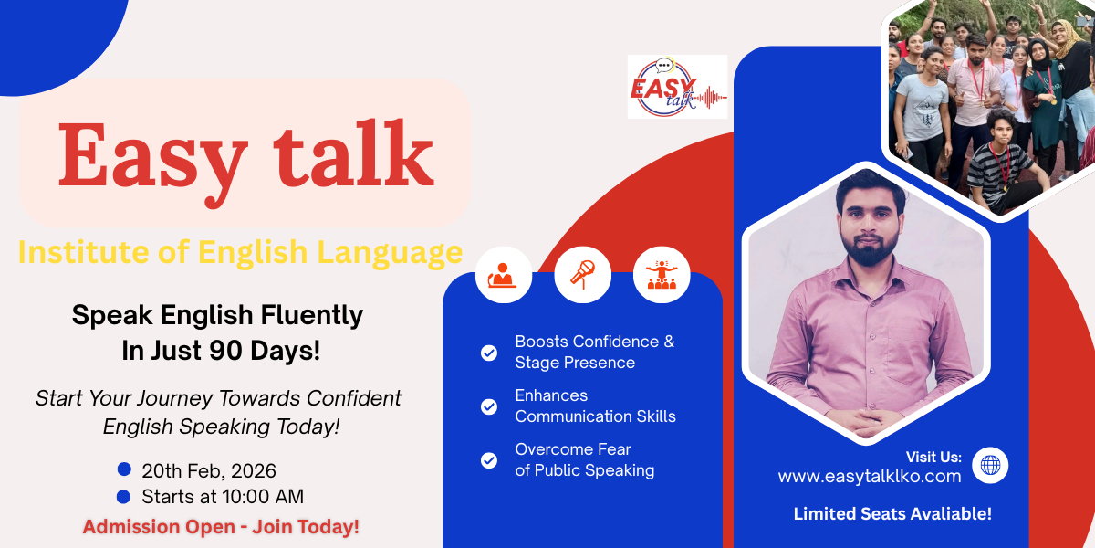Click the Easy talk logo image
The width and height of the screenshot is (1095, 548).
(677, 87)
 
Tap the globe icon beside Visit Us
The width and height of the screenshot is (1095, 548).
(990, 465)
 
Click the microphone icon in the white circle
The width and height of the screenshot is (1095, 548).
(583, 275)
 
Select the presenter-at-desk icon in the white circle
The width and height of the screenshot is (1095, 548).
(504, 275)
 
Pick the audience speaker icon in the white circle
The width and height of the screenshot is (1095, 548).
(662, 275)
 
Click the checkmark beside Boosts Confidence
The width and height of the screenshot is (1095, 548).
(489, 353)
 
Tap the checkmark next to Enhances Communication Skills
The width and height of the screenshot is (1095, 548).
(489, 406)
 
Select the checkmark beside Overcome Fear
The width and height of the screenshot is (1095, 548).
(489, 460)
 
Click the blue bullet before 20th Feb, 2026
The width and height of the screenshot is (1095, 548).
(124, 469)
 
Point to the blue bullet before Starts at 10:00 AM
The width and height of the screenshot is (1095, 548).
(124, 496)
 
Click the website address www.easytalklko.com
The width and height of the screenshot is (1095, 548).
(869, 476)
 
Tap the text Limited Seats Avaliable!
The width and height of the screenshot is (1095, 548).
(892, 513)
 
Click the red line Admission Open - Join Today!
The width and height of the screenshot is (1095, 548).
(221, 526)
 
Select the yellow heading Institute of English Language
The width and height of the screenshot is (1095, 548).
(240, 251)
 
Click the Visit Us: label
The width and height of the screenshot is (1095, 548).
(933, 457)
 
